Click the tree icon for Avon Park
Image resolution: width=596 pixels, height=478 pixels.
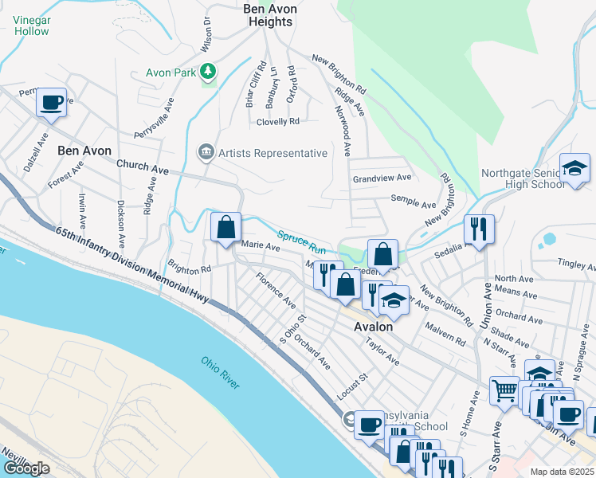point(208,72)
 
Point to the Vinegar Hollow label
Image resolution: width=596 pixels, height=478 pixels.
point(30,25)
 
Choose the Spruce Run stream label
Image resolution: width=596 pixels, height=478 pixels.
point(302,238)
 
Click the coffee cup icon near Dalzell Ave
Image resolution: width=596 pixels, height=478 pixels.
point(51,103)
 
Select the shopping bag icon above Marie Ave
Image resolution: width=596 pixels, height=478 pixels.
point(226,226)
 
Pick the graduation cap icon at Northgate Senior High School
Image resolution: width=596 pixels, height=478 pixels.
point(574,168)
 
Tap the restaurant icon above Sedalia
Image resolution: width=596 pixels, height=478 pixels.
point(479,229)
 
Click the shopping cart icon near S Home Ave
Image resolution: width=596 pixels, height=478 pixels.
point(504,391)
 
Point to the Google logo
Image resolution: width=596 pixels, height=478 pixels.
point(26,468)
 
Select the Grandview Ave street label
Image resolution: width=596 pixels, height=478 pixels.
point(382,178)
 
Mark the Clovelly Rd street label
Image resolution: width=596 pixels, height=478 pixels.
point(277,122)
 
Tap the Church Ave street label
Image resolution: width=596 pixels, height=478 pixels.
point(143,169)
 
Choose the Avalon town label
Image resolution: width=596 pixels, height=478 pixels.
point(374,327)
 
